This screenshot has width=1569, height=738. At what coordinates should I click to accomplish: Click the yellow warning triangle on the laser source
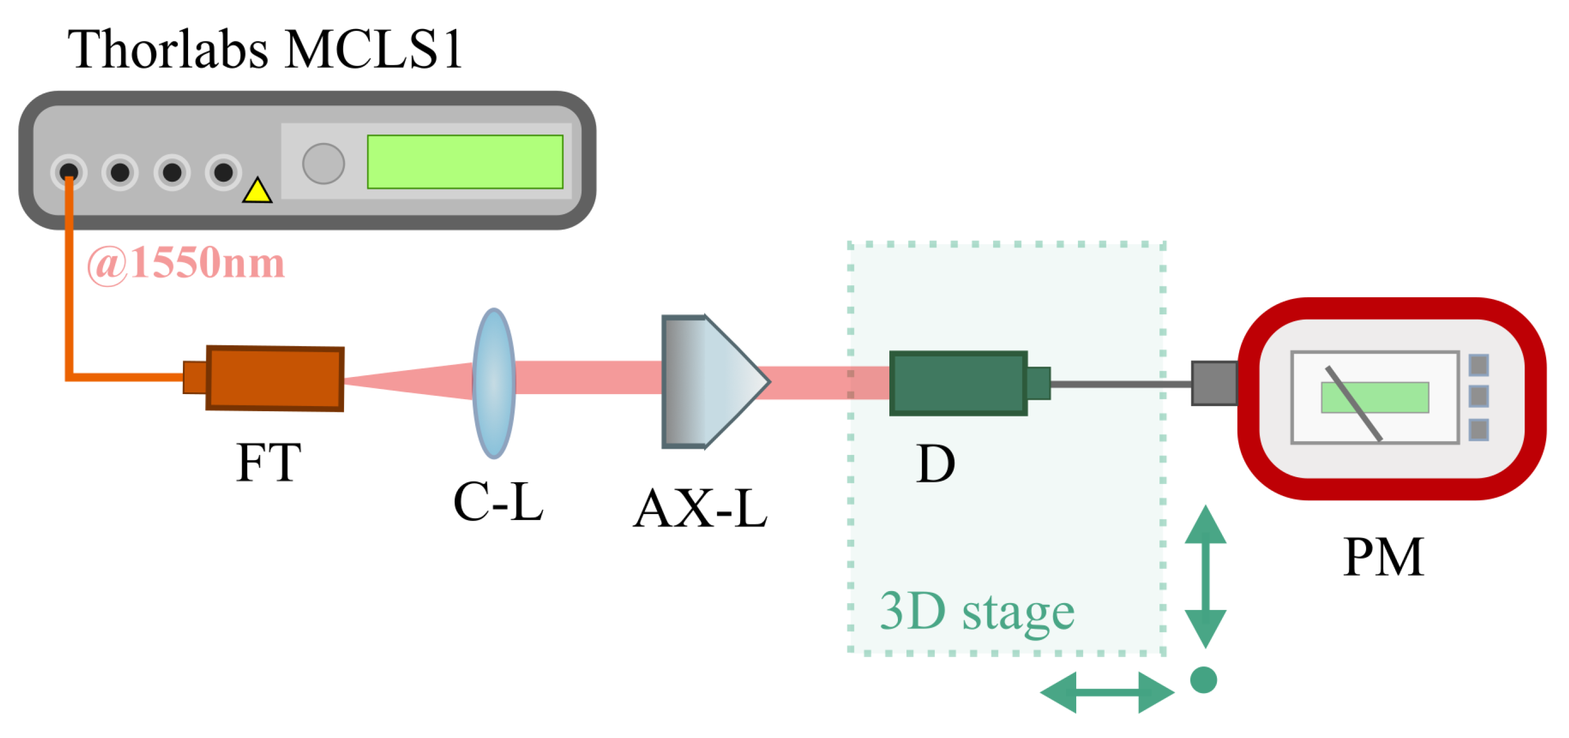(x=257, y=191)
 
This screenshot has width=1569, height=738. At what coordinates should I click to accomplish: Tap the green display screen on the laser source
(x=465, y=162)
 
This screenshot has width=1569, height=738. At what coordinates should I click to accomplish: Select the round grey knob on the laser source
(x=324, y=163)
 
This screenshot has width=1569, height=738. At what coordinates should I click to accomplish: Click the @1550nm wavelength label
(x=186, y=264)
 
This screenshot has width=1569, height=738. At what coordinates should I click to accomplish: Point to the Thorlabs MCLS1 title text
(x=265, y=49)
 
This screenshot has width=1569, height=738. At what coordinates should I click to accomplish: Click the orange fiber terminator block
(x=275, y=379)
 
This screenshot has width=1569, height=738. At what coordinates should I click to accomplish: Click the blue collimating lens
(x=494, y=383)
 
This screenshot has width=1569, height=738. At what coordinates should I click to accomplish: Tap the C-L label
(x=499, y=501)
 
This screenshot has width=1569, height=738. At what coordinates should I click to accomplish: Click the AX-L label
(x=700, y=509)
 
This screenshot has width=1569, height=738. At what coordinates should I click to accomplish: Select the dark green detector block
(x=959, y=384)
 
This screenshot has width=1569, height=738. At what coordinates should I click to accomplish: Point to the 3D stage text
(x=978, y=612)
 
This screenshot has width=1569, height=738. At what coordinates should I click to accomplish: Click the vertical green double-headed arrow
(x=1206, y=576)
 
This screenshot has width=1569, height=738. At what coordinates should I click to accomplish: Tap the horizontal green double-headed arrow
(x=1108, y=692)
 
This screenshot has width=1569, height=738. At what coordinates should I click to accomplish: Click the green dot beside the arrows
(x=1204, y=680)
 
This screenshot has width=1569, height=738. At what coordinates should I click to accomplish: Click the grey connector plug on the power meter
(x=1215, y=384)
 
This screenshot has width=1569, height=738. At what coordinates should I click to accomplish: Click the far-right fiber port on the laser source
(x=223, y=173)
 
